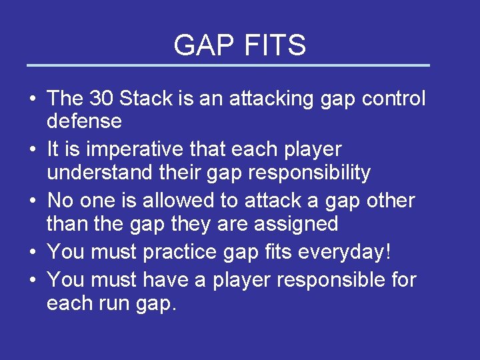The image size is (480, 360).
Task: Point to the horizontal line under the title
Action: tap(228, 65)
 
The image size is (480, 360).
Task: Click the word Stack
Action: tap(146, 99)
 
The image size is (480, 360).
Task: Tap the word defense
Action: tap(84, 121)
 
